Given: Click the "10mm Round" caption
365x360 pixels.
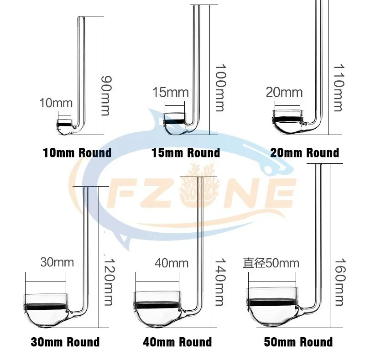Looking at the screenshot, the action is [x=77, y=152].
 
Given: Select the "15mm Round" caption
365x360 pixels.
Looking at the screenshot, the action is [x=186, y=152].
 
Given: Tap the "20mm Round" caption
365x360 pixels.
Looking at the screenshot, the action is [x=304, y=152].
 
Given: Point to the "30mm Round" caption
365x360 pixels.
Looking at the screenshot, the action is [x=65, y=342].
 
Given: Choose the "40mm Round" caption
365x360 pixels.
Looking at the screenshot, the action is [x=178, y=342].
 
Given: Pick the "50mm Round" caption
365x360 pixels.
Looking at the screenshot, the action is [x=298, y=342].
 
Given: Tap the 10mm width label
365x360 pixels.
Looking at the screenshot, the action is [x=56, y=103].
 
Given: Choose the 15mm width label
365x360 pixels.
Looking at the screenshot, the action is [x=170, y=93].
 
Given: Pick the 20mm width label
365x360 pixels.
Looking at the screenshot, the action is [x=284, y=93].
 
